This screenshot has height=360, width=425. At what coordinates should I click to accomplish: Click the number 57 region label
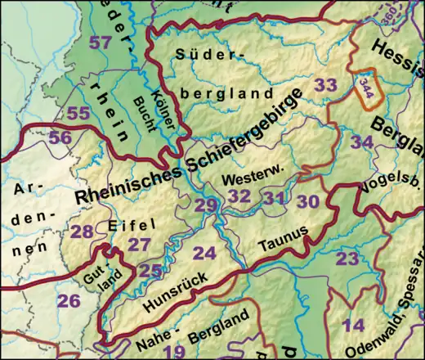point(101,43)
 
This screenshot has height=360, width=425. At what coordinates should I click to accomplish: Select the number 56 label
point(60,138)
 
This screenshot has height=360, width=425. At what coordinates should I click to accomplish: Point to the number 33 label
point(325,85)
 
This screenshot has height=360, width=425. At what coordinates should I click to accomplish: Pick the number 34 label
point(362,142)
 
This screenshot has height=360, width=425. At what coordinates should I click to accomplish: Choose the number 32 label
point(239,196)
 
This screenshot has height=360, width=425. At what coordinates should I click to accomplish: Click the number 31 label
point(274,197)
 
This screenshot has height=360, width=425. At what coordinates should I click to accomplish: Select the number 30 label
point(308,200)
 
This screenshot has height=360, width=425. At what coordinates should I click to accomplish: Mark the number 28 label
point(82,232)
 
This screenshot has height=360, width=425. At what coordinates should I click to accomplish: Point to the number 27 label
point(140,245)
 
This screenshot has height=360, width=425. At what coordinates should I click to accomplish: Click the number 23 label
point(347,259)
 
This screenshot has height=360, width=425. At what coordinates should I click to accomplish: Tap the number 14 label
point(353,325)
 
